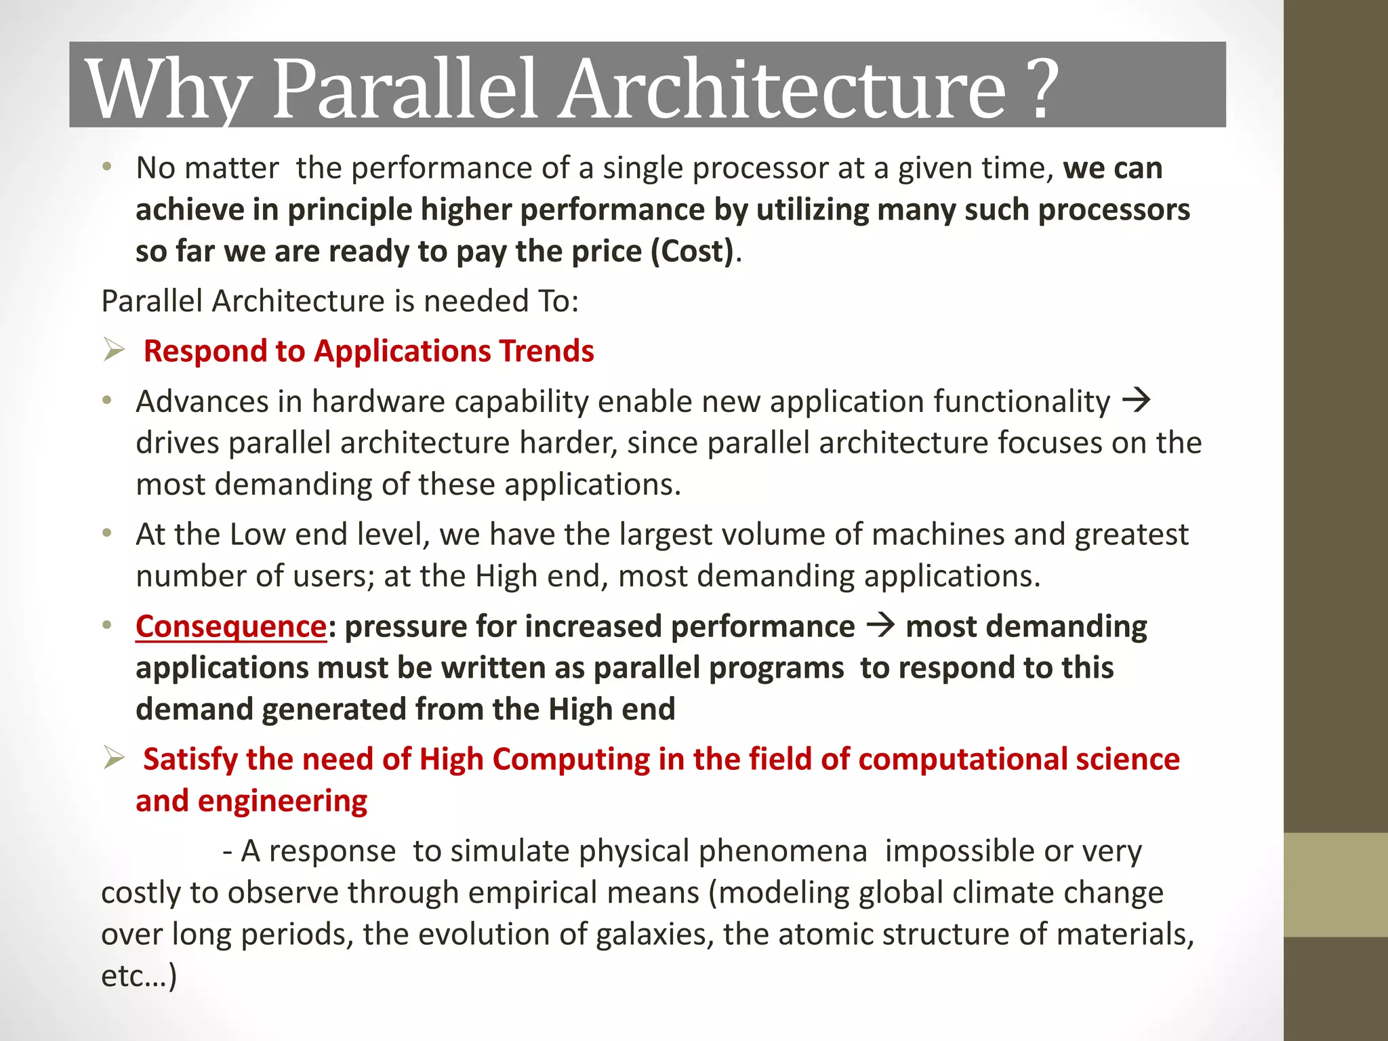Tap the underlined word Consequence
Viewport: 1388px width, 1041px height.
(231, 626)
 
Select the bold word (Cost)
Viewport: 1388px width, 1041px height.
(692, 251)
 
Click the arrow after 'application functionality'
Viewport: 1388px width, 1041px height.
(1137, 401)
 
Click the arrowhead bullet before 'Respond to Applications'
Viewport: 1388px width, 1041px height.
(114, 350)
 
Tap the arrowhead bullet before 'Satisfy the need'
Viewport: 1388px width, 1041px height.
(114, 758)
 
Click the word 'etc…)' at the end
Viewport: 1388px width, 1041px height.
(139, 976)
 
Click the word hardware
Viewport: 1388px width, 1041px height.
(377, 401)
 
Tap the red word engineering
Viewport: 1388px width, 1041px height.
(282, 801)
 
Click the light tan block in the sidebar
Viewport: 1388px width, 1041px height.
(1335, 884)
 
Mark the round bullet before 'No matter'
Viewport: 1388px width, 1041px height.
(106, 167)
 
